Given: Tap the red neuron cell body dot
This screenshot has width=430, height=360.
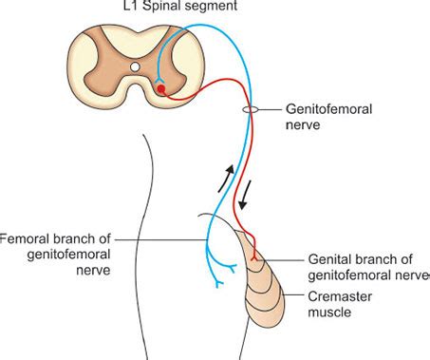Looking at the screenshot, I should coord(161,89).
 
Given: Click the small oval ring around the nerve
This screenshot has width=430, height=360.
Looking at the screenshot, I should coord(249,110).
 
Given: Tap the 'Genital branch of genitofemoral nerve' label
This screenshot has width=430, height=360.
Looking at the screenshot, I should coord(365,264).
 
